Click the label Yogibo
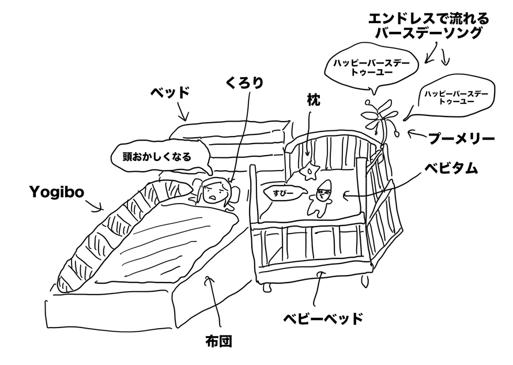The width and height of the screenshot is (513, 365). point(56,191)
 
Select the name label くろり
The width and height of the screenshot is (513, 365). point(244,83)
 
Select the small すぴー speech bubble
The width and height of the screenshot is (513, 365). point(280,190)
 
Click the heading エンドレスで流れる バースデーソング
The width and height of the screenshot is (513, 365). point(429,26)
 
